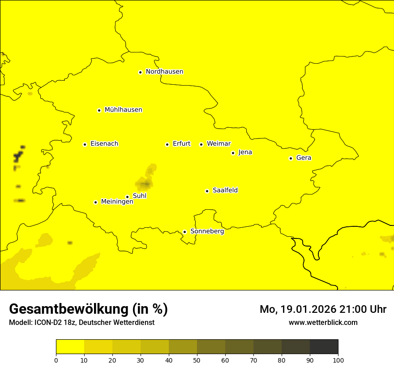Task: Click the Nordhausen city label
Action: click(x=164, y=72)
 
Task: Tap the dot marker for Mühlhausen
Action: click(x=99, y=110)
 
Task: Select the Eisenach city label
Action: click(x=104, y=144)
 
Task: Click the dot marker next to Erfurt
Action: click(x=167, y=144)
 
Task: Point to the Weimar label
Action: click(x=218, y=144)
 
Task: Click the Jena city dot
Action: click(x=233, y=153)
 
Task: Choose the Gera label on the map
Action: click(x=304, y=158)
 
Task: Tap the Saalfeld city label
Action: click(x=225, y=190)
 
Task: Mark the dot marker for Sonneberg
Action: click(x=184, y=232)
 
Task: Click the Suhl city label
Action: click(x=140, y=196)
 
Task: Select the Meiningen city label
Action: click(x=117, y=202)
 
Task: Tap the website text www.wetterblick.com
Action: click(x=323, y=322)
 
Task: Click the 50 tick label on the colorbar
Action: click(x=197, y=360)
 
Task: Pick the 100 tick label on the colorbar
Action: click(x=338, y=360)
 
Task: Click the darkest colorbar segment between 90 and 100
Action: click(x=324, y=346)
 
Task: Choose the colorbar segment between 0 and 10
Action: click(x=70, y=346)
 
